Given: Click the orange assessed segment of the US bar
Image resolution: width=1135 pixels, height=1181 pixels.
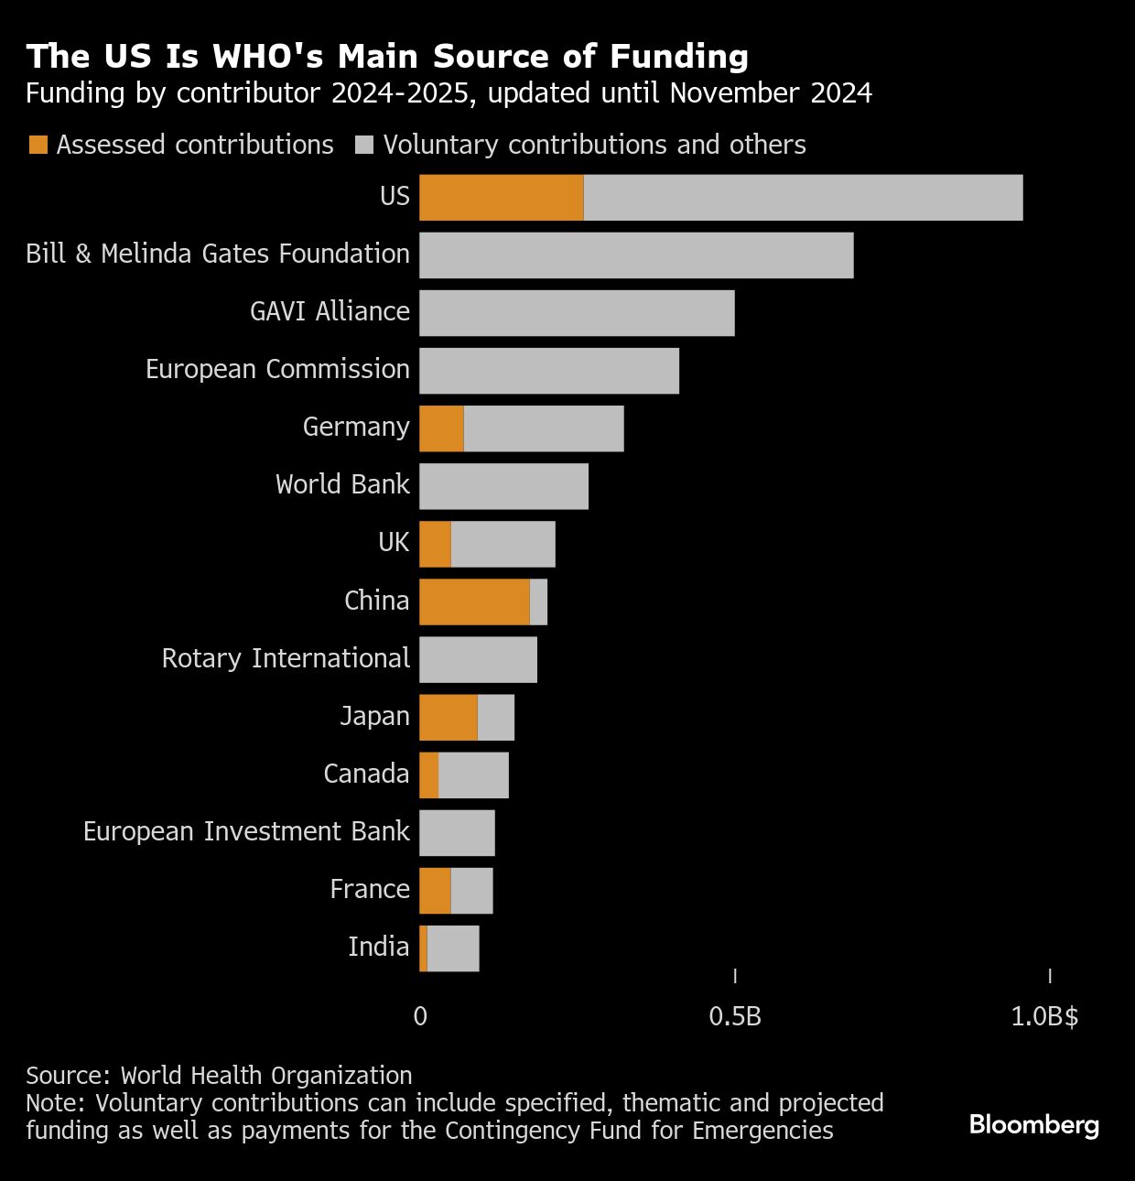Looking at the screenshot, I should point(501,197).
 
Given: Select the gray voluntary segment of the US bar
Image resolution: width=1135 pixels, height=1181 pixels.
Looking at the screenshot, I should point(803,197).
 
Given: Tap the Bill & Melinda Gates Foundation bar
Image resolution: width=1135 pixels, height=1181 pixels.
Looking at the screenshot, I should point(636,255).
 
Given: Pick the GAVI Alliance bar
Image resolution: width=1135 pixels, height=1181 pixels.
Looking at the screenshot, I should point(577,312).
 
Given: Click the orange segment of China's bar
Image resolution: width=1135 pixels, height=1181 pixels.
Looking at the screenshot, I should point(474,601).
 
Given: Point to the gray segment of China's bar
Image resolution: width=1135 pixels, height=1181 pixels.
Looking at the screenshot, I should point(538,601).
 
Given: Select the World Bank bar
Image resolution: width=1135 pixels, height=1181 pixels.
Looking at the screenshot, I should point(503,485).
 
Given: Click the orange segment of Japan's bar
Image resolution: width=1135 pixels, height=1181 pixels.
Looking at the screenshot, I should point(449,717).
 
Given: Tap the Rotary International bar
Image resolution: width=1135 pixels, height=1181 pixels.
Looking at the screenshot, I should point(478,659).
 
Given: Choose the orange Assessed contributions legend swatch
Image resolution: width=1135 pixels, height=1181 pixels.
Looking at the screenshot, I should point(38,145).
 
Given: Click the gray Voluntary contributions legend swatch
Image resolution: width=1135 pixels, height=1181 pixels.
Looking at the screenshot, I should point(364,145).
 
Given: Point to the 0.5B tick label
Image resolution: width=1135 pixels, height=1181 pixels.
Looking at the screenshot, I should point(735,1016).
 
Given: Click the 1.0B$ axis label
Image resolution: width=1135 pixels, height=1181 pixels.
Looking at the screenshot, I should point(1044,1016).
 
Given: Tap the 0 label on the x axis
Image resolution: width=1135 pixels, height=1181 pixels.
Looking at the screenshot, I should point(420,1016).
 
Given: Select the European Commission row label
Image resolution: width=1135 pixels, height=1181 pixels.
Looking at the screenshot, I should point(277,369).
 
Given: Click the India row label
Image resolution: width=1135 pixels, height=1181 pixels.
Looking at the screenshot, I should point(378,947).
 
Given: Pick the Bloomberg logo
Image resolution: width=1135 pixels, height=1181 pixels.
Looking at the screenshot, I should point(1034,1124).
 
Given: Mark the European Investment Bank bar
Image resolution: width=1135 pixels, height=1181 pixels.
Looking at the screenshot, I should point(457,832).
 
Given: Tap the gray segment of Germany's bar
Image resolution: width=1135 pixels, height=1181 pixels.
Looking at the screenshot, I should point(544,428).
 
